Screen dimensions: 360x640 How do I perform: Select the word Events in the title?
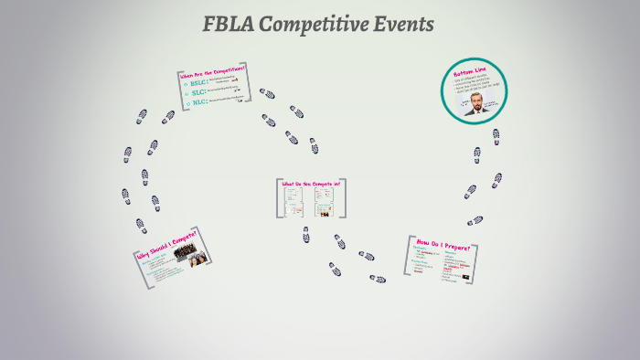pyautogui.click(x=405, y=25)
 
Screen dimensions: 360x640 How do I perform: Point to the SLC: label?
pyautogui.click(x=197, y=92)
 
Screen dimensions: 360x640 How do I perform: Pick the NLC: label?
pyautogui.click(x=197, y=102)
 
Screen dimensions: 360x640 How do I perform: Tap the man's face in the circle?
pyautogui.click(x=475, y=99)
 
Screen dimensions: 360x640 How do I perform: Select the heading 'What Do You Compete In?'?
pyautogui.click(x=311, y=184)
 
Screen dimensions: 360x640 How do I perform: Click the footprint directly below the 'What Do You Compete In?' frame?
pyautogui.click(x=306, y=235)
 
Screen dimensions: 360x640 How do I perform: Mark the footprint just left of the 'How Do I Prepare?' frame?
pyautogui.click(x=377, y=279)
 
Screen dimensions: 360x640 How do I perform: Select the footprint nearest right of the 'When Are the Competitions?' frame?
pyautogui.click(x=267, y=94)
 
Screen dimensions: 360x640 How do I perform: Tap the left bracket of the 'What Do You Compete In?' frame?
pyautogui.click(x=278, y=197)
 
